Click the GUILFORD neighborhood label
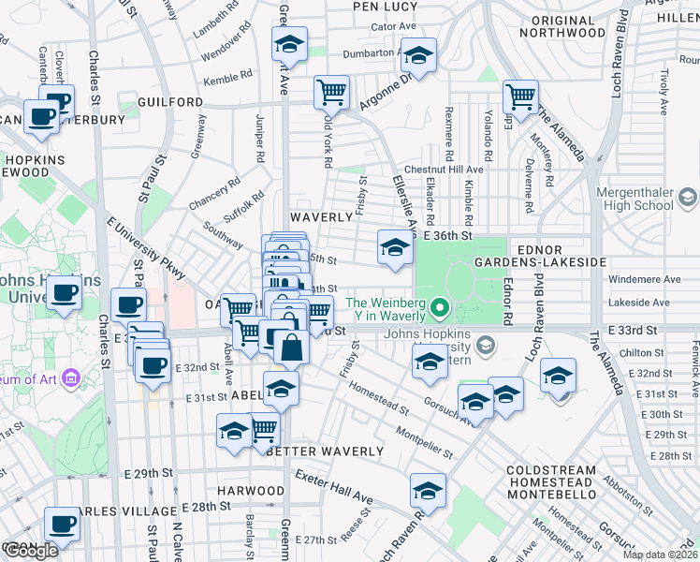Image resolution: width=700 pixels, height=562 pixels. tap(169, 101)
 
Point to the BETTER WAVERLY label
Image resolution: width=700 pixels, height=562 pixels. tap(324, 451)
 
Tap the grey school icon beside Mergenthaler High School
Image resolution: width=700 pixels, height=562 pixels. tap(688, 197)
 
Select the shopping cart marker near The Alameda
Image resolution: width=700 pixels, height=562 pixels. tap(519, 95)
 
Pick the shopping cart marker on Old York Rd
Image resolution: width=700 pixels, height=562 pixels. tap(331, 91)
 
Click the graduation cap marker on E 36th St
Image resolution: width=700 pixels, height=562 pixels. tap(395, 247)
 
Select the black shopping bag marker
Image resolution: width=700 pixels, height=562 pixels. tap(292, 347)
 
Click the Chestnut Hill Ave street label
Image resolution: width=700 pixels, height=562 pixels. tap(451, 170)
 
